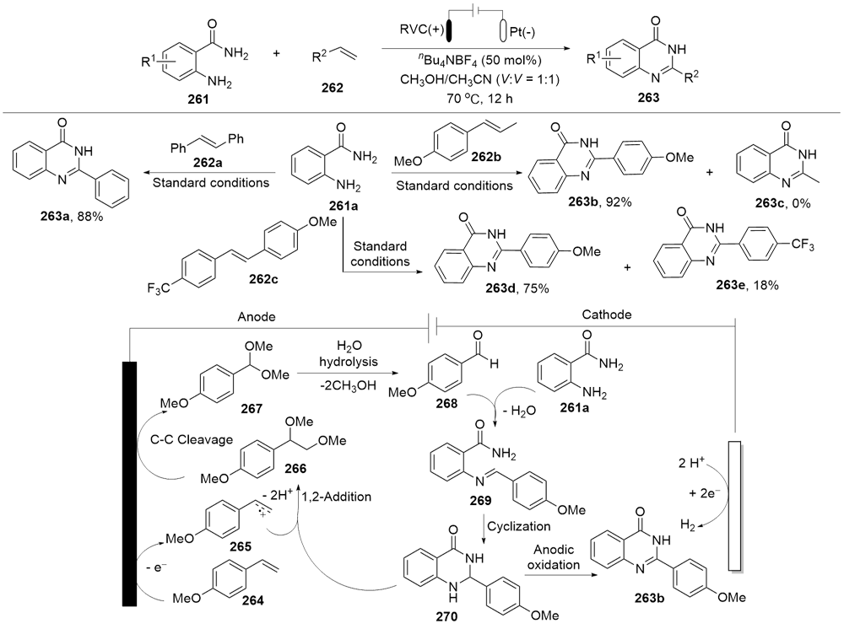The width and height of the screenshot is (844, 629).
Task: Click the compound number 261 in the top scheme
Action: (198, 99)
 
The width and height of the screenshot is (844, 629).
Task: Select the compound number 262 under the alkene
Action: (332, 88)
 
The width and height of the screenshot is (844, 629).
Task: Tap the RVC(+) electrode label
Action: (421, 30)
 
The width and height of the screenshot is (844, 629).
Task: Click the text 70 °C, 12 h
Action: (479, 99)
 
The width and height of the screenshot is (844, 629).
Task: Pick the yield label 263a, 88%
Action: (72, 218)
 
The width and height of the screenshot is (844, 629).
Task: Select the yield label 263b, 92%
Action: (599, 202)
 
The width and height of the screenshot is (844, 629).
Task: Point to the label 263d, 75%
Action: (518, 288)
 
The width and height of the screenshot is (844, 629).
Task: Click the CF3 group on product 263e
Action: (803, 245)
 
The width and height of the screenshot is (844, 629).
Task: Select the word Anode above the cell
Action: (257, 317)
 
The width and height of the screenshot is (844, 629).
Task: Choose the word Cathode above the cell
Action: (607, 314)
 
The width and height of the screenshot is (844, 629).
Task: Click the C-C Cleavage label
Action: (191, 440)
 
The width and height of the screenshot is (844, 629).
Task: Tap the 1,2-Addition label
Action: (337, 497)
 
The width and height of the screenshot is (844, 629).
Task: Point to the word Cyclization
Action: (519, 526)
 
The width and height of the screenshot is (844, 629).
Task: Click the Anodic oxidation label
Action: (554, 557)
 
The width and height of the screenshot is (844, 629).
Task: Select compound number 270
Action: (446, 616)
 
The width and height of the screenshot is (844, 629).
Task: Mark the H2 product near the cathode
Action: (688, 524)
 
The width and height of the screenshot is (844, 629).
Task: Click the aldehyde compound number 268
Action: (446, 403)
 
